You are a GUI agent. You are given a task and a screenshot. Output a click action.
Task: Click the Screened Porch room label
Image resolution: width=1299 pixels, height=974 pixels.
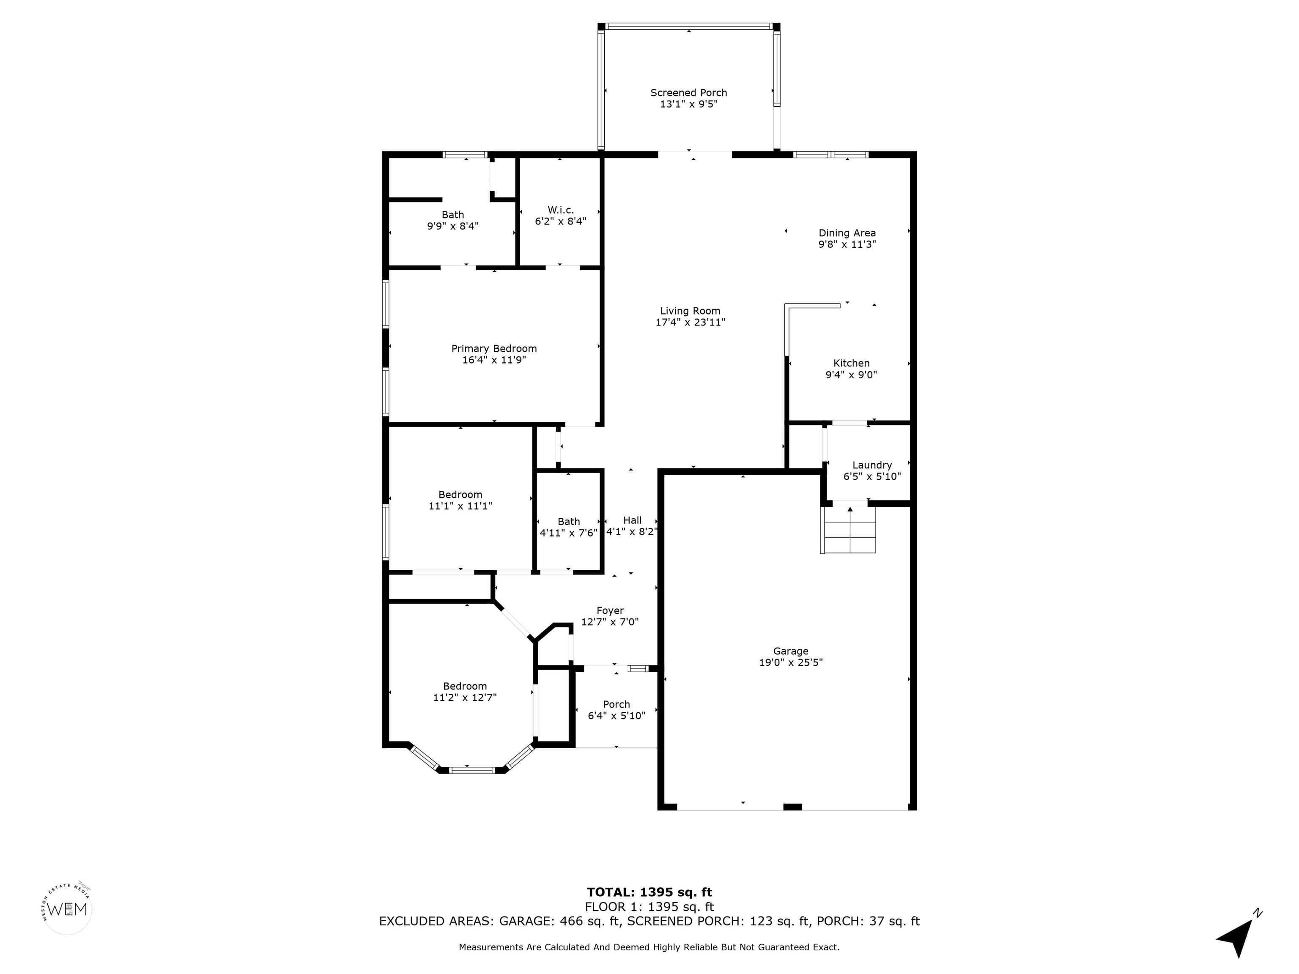click(x=688, y=93)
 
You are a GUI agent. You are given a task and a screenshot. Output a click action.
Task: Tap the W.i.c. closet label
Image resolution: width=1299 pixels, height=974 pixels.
click(x=560, y=210)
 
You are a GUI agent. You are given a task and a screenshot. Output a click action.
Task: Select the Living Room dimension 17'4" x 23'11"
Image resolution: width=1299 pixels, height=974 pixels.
click(x=690, y=322)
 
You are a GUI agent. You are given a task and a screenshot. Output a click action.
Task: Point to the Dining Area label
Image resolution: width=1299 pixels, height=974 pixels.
click(x=847, y=233)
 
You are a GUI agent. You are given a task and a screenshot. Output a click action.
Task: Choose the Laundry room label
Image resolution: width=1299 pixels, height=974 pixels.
click(x=872, y=465)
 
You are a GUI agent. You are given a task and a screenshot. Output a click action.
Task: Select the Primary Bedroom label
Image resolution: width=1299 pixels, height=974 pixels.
click(x=494, y=349)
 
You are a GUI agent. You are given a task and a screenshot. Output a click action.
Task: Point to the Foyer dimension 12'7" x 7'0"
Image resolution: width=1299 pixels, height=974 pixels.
click(x=610, y=622)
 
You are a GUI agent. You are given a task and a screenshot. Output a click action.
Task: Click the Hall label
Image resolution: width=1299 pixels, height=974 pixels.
click(x=633, y=520)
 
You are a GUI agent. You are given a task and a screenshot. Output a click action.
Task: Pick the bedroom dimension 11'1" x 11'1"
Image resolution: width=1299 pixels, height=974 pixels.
click(x=460, y=506)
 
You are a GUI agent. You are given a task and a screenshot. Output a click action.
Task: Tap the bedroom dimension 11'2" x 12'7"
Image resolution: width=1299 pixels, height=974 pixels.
click(x=465, y=698)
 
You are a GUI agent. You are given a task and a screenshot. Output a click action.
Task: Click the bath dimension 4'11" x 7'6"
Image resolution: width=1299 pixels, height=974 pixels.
click(x=568, y=533)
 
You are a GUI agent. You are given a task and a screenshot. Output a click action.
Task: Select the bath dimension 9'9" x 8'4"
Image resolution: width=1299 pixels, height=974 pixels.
click(x=453, y=226)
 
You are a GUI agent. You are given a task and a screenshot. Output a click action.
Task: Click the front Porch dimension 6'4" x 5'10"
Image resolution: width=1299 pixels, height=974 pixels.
click(x=617, y=716)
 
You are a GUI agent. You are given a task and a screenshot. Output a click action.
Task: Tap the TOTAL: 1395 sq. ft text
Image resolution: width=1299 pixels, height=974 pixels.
click(x=649, y=892)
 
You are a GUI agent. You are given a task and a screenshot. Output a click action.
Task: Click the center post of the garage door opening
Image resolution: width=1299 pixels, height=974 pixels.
click(x=793, y=807)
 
